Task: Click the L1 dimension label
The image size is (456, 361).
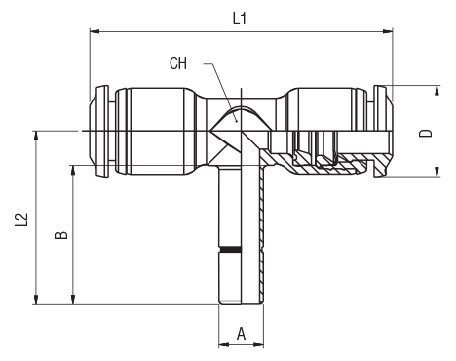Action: (x=240, y=19)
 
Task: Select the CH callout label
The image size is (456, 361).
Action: (x=178, y=63)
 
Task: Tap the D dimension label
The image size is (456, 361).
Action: (x=426, y=133)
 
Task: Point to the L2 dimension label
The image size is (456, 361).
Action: (x=21, y=220)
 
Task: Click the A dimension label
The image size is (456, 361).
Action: (x=241, y=334)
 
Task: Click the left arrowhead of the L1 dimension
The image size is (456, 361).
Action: (x=95, y=31)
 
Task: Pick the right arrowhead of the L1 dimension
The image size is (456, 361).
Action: (x=388, y=31)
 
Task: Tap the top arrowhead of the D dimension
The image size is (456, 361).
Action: (x=437, y=91)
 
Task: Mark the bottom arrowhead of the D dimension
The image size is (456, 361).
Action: (x=437, y=172)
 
